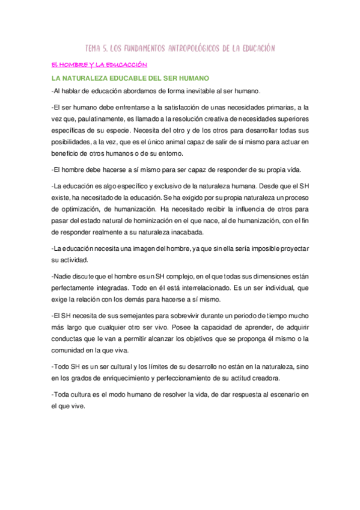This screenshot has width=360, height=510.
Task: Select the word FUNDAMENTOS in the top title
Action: [x=133, y=48]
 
